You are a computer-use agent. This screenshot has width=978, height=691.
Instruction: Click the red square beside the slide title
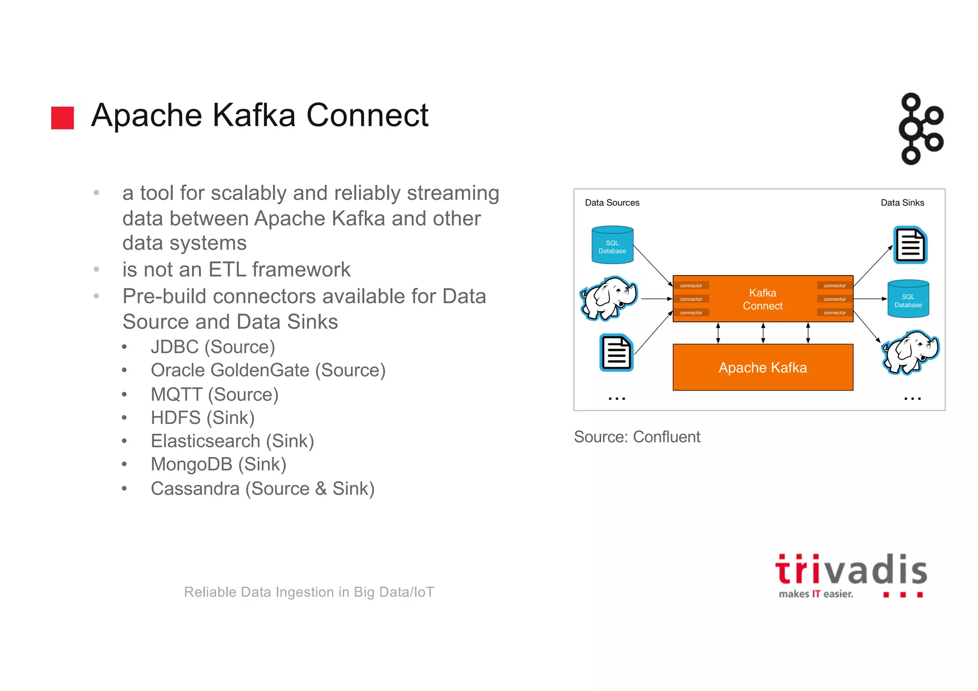click(x=63, y=118)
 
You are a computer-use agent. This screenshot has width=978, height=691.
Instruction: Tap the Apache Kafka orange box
click(x=762, y=367)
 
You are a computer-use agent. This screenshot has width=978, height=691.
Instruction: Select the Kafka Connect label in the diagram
click(x=762, y=299)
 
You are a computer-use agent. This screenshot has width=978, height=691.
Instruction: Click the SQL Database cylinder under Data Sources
click(x=612, y=245)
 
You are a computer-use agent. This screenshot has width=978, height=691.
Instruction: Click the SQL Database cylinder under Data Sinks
click(x=908, y=299)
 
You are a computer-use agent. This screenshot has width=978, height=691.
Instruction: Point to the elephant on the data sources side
click(x=608, y=298)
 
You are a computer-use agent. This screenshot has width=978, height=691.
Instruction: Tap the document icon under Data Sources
click(x=616, y=353)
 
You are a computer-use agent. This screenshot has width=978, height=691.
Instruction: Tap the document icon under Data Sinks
click(x=910, y=245)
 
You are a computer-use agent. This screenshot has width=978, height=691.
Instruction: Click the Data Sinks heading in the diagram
click(x=902, y=202)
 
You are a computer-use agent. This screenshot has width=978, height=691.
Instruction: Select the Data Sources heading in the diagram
click(x=612, y=202)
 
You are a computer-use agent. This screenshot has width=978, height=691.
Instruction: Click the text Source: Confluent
click(x=637, y=436)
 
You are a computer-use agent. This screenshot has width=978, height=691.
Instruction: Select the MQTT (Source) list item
click(x=214, y=394)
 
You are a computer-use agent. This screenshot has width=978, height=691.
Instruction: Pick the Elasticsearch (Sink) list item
click(x=232, y=441)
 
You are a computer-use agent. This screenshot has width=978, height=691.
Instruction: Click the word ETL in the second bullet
click(x=227, y=270)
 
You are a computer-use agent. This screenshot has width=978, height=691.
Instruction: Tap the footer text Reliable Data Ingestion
click(x=309, y=592)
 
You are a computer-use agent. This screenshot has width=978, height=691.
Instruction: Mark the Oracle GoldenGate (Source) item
click(x=268, y=370)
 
